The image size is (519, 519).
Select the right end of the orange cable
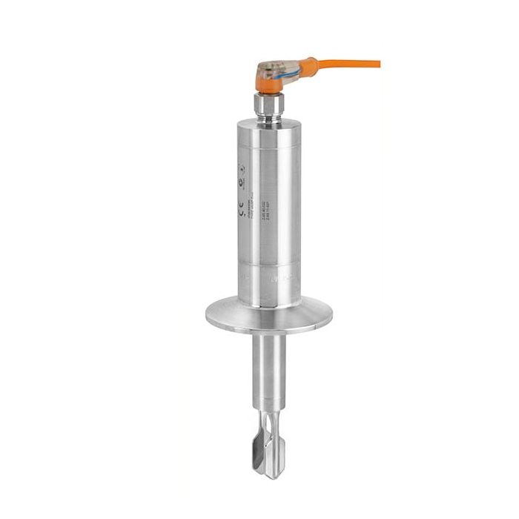(x=377, y=64)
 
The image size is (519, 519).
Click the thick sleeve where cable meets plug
(x=308, y=65)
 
